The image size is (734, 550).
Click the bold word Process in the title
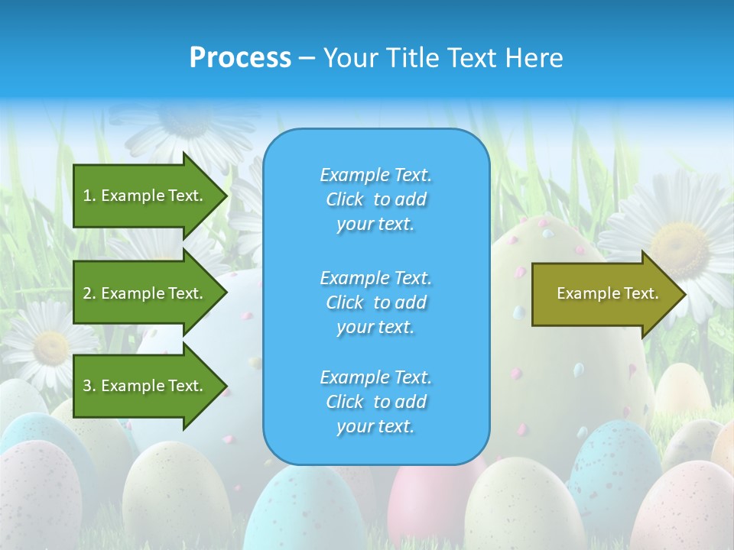coord(240,58)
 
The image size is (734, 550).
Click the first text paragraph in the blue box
coord(376,199)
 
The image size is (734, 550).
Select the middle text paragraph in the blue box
coord(376,302)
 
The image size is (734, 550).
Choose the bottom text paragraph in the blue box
coord(376,402)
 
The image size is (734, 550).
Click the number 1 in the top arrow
coord(87,196)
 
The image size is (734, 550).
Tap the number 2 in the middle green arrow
coord(87,293)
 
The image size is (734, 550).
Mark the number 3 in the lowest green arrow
coord(87,386)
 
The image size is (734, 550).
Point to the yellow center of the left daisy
coord(50,347)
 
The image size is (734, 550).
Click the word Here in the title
coord(535,58)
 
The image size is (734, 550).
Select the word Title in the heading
coord(413,58)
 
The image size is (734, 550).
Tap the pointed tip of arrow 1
coord(226,196)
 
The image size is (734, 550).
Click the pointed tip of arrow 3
coord(226,386)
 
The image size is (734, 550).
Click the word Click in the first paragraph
coord(345,199)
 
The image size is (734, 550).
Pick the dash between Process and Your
coord(307,58)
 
